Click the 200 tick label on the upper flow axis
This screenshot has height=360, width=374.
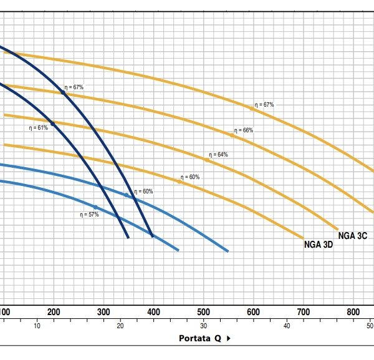click(54, 312)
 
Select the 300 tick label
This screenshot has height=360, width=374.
click(103, 312)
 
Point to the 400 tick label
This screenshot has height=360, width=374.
click(153, 312)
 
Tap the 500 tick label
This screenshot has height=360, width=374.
click(203, 312)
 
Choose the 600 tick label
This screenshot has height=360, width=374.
click(253, 312)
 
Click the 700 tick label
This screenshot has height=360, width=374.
click(303, 312)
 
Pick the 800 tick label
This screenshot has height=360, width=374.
click(353, 312)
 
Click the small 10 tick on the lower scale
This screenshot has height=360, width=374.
click(37, 326)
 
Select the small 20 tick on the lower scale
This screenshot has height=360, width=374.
click(120, 326)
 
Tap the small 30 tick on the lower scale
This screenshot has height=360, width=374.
click(204, 326)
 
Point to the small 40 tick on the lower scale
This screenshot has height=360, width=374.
click(287, 326)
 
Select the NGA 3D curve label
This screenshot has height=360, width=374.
click(319, 244)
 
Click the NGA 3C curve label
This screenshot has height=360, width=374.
click(353, 235)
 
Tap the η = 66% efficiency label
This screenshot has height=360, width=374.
click(244, 130)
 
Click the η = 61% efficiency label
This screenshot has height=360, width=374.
click(38, 128)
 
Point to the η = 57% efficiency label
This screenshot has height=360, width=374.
click(89, 214)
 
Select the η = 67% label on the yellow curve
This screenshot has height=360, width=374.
click(264, 104)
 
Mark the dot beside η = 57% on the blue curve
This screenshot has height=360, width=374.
click(95, 207)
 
